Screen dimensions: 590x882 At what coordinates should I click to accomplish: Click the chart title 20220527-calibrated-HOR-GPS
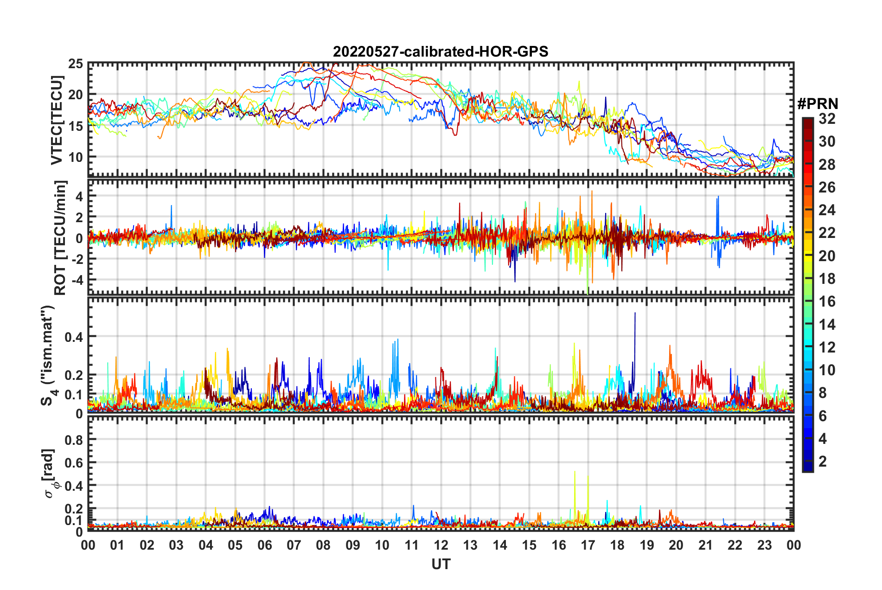[441, 51]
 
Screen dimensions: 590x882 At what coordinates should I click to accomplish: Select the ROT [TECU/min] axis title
[60, 237]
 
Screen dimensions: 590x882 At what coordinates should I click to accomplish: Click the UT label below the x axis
[441, 564]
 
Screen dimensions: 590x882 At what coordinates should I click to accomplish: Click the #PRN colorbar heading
[818, 104]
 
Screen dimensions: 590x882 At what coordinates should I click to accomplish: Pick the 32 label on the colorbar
[827, 119]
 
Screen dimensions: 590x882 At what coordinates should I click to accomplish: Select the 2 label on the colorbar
[823, 461]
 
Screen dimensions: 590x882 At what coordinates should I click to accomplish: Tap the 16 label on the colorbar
[827, 301]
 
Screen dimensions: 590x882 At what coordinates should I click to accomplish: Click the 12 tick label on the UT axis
[441, 545]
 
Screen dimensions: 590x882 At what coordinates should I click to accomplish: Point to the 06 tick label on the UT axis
[264, 545]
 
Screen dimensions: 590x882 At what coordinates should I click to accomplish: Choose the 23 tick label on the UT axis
[764, 545]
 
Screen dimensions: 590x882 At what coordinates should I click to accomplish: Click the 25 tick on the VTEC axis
[76, 64]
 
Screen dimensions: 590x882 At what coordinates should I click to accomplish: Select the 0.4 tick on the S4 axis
[74, 337]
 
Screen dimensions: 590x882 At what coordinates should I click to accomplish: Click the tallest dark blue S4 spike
[635, 314]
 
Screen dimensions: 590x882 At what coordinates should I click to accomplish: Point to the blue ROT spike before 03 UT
[171, 206]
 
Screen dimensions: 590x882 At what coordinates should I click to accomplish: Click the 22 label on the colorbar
[827, 233]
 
